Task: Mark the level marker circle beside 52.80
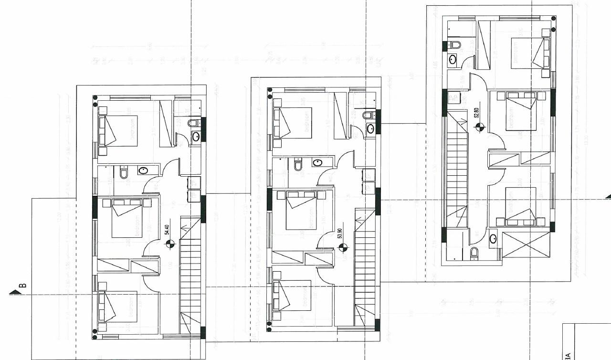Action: [480, 127]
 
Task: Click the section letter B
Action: [22, 286]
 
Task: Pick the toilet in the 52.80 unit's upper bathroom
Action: [454, 45]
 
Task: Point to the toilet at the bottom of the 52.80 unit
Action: [474, 253]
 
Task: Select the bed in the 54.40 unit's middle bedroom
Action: [127, 218]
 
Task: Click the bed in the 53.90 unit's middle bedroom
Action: [301, 210]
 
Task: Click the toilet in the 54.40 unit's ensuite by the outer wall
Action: [193, 124]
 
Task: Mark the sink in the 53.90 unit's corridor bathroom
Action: [316, 163]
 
